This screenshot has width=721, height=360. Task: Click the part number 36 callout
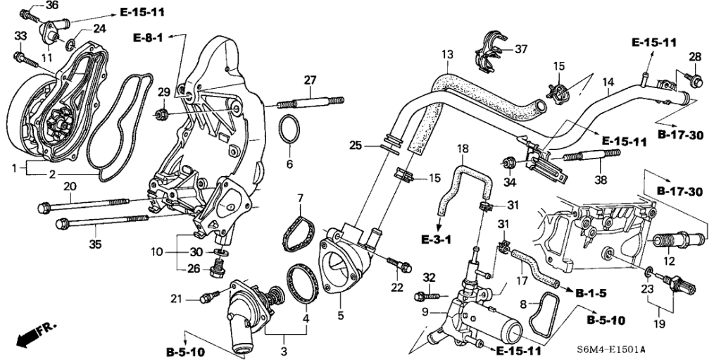click(52, 6)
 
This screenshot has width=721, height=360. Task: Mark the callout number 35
click(95, 245)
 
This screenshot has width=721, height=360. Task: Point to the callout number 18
click(462, 149)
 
